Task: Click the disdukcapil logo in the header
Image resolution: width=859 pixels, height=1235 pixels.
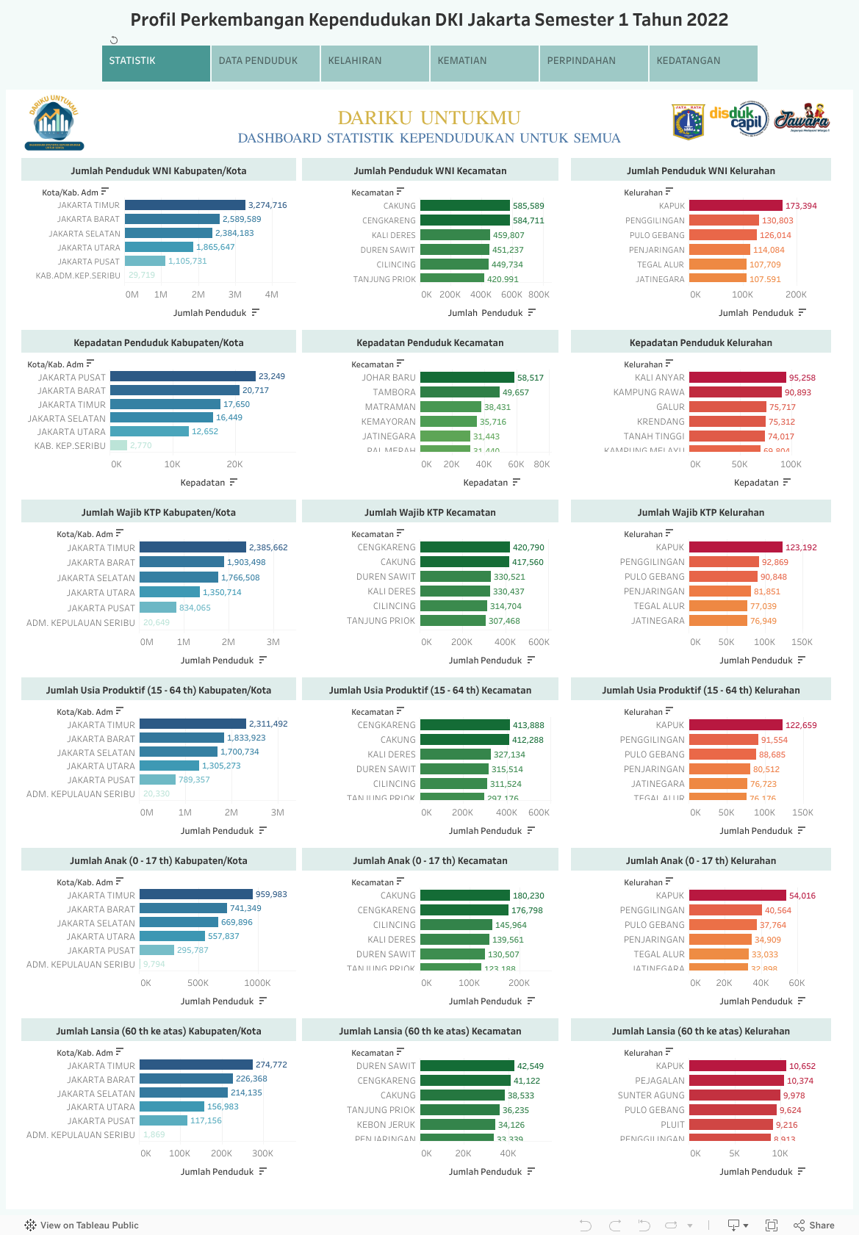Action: coord(738,119)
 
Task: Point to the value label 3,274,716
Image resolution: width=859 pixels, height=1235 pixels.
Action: coord(267,205)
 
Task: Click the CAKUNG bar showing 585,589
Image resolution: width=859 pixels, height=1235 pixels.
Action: coord(464,206)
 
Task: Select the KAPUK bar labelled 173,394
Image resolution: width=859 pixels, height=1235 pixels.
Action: coord(736,206)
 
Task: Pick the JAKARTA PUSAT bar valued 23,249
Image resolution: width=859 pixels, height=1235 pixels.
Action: coord(183,376)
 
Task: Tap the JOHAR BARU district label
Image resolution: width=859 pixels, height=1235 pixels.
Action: coord(389,378)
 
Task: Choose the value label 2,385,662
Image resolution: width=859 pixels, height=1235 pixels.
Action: coord(268,547)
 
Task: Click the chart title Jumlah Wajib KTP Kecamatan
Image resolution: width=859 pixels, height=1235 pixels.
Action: coord(430,513)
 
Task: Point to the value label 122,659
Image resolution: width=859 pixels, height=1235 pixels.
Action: coord(801,725)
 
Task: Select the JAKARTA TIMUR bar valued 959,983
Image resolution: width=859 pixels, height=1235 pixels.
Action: coord(196,895)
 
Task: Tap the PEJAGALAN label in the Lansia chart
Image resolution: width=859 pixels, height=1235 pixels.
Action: coord(659,1081)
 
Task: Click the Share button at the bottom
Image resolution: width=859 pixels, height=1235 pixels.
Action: coord(814,1225)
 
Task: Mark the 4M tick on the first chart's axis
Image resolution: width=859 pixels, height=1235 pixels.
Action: coord(272,295)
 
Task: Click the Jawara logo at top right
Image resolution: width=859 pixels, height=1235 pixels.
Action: coord(802,119)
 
